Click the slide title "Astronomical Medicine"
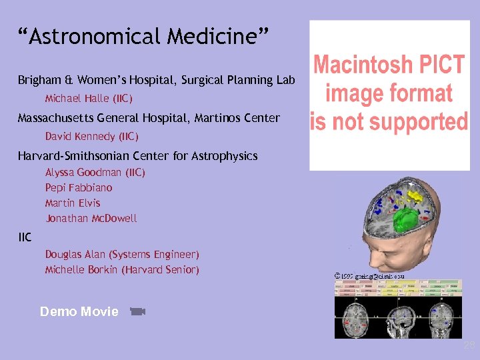[x=143, y=37]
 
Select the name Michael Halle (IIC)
[x=89, y=99]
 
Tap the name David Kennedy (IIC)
[x=91, y=137]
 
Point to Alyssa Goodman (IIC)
[x=95, y=172]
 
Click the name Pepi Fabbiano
[x=79, y=188]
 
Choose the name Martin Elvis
[x=73, y=203]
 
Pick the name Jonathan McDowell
[x=91, y=218]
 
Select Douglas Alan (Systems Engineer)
[x=122, y=255]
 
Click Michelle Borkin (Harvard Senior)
[x=122, y=270]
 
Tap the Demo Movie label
[x=79, y=311]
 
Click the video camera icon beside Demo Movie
[x=137, y=311]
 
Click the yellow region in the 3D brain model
[x=415, y=196]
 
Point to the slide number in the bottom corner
[x=469, y=345]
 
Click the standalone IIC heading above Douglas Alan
[x=25, y=237]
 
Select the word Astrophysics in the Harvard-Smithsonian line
[x=224, y=157]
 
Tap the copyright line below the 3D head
[x=369, y=275]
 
